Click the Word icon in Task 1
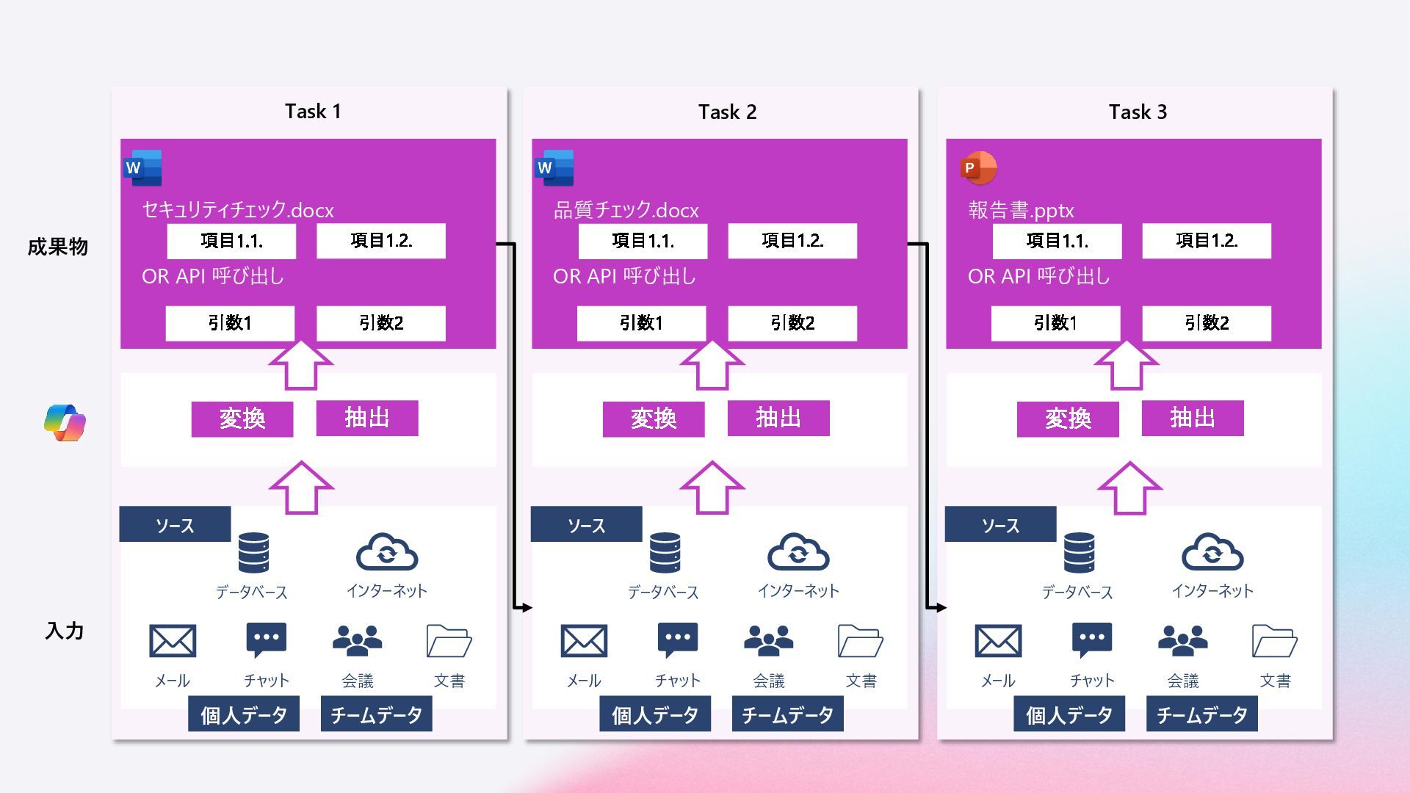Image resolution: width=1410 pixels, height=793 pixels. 143,168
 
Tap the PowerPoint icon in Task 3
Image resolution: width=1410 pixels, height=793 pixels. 978,168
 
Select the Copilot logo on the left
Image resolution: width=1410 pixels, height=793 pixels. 65,422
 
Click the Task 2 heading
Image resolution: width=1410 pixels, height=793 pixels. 727,112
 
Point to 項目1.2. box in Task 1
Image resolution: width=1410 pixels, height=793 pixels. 380,241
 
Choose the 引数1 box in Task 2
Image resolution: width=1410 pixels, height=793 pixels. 641,323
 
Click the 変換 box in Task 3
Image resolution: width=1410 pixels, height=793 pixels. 1068,419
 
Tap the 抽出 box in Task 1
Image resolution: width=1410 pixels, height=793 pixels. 367,418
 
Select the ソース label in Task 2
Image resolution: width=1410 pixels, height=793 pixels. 586,525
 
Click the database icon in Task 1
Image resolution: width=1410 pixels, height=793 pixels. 253,553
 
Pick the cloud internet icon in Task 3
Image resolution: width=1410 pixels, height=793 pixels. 1212,552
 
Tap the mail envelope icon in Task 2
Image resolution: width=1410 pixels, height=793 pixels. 584,641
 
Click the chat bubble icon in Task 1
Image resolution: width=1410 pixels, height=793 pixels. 266,640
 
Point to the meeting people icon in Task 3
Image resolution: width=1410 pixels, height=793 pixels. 1182,640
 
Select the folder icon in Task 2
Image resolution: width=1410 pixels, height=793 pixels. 860,641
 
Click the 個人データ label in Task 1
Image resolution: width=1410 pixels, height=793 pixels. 244,714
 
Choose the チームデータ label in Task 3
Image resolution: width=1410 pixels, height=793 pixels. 1201,714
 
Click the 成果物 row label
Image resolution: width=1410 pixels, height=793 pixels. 58,247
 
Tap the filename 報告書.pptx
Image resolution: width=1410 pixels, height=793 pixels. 1021,211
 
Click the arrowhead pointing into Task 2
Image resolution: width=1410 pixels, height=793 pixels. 526,607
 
